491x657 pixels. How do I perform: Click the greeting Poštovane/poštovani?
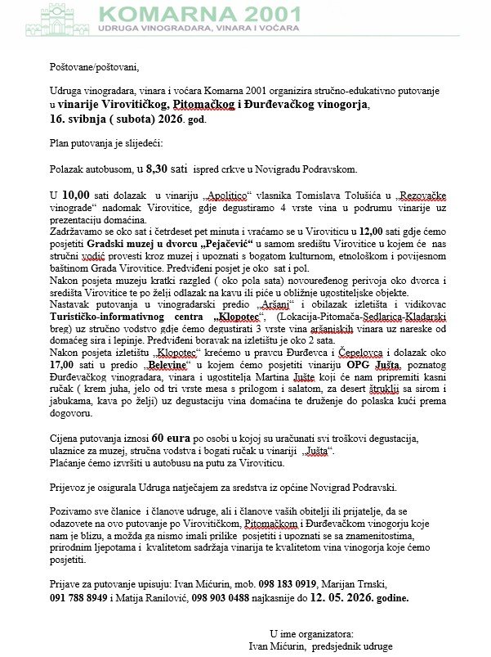pyautogui.click(x=94, y=67)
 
